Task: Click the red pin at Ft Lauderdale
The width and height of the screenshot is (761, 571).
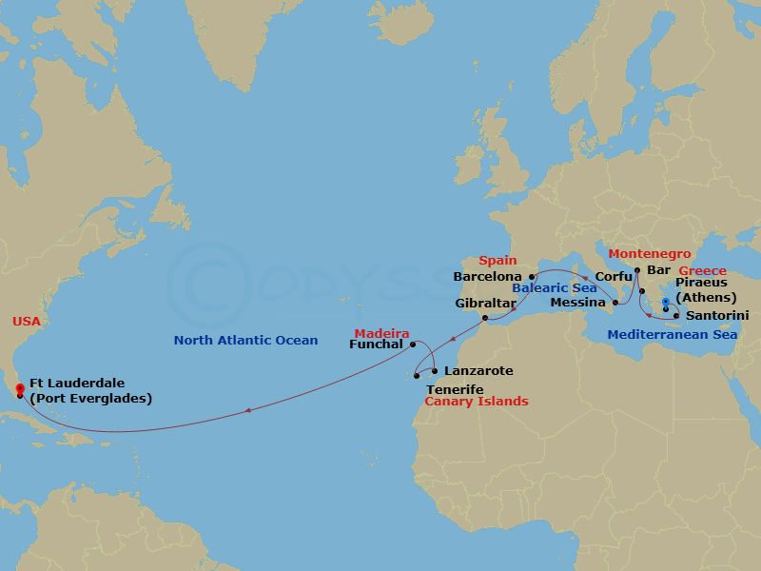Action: click(21, 386)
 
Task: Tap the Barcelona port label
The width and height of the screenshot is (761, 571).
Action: click(488, 277)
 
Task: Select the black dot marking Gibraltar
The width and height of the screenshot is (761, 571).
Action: click(485, 318)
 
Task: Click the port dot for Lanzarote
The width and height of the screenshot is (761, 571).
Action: click(435, 371)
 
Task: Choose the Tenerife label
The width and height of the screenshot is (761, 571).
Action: click(454, 389)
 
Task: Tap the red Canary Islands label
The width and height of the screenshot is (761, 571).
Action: click(477, 402)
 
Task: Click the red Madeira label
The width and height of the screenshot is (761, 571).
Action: click(381, 333)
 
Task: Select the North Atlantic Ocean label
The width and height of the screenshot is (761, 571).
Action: click(245, 340)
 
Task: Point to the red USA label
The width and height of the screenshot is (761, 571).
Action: click(27, 322)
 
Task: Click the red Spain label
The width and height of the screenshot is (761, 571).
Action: click(498, 260)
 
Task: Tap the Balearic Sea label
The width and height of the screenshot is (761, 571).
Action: click(555, 287)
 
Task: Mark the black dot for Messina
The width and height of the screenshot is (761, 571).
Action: click(615, 304)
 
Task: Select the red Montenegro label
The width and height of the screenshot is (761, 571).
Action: click(650, 254)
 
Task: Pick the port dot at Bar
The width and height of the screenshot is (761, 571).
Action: click(636, 270)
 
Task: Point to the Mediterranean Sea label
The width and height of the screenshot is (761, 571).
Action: click(673, 334)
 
